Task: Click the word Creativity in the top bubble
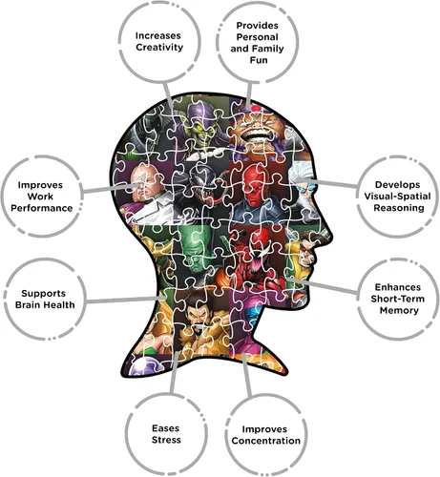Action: [x=159, y=48]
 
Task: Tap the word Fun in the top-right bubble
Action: [x=259, y=60]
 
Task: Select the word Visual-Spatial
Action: [x=397, y=197]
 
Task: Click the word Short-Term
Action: [x=398, y=299]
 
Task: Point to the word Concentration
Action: [x=266, y=441]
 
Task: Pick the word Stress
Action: [x=166, y=440]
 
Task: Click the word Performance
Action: [x=42, y=208]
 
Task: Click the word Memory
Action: [x=399, y=310]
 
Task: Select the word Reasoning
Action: [x=399, y=208]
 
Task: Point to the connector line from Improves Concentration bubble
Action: [x=247, y=375]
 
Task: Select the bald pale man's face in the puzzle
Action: [x=145, y=183]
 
